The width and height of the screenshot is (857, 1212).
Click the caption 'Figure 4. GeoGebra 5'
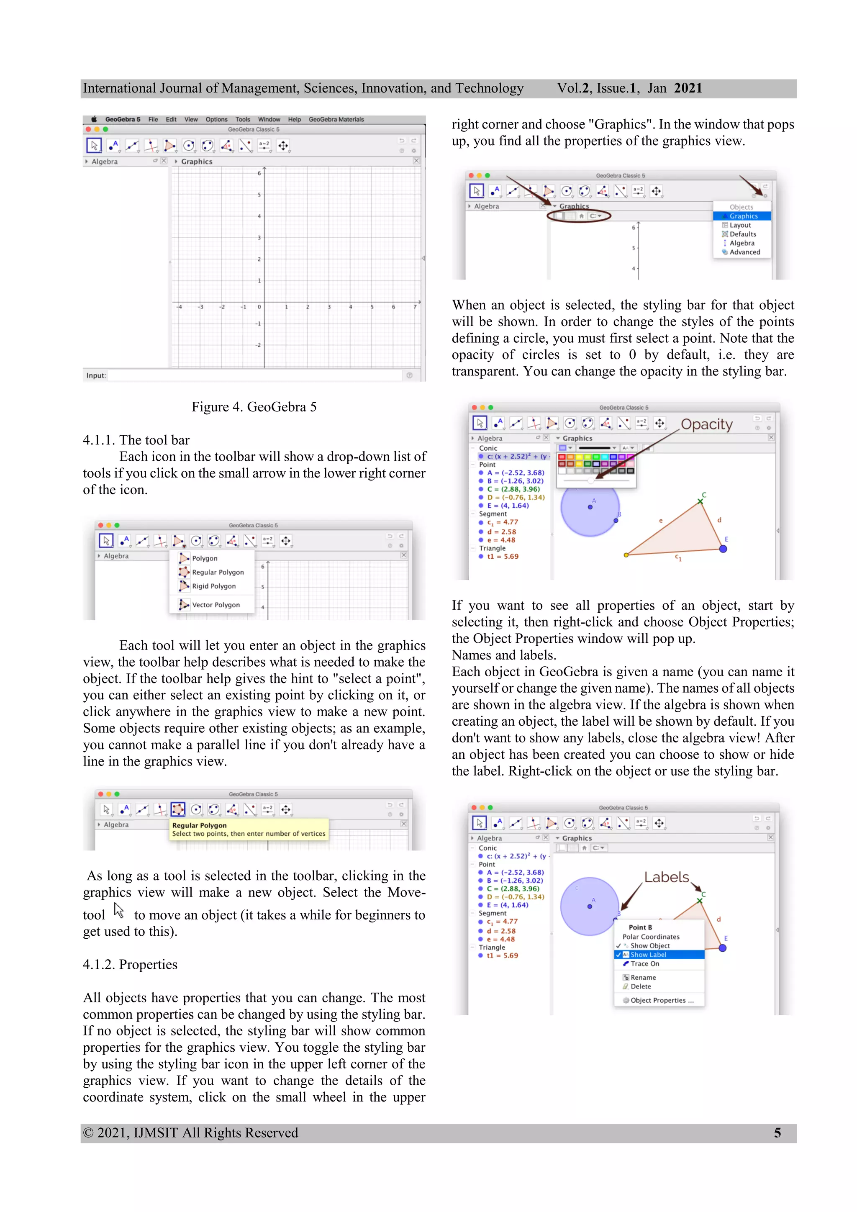coord(254,407)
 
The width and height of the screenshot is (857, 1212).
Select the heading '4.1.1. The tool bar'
coord(136,440)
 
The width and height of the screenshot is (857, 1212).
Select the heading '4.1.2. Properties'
coord(130,964)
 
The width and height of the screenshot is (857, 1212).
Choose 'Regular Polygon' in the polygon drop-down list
coord(218,572)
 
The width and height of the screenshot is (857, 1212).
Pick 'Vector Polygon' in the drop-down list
coord(216,605)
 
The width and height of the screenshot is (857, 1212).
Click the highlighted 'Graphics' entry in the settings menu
coord(743,216)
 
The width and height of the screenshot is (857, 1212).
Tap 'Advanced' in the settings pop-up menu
coord(744,252)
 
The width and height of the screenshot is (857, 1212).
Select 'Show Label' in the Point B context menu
coord(648,955)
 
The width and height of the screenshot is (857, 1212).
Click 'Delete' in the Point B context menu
coord(641,986)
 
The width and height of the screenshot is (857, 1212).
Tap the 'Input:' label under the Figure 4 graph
coord(96,376)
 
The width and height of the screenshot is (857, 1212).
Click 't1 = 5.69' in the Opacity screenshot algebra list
coord(503,556)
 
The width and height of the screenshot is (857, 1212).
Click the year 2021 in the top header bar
coord(688,88)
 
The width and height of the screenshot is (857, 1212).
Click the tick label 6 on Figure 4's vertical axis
coord(259,173)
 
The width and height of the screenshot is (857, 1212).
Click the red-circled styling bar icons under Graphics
coord(579,216)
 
